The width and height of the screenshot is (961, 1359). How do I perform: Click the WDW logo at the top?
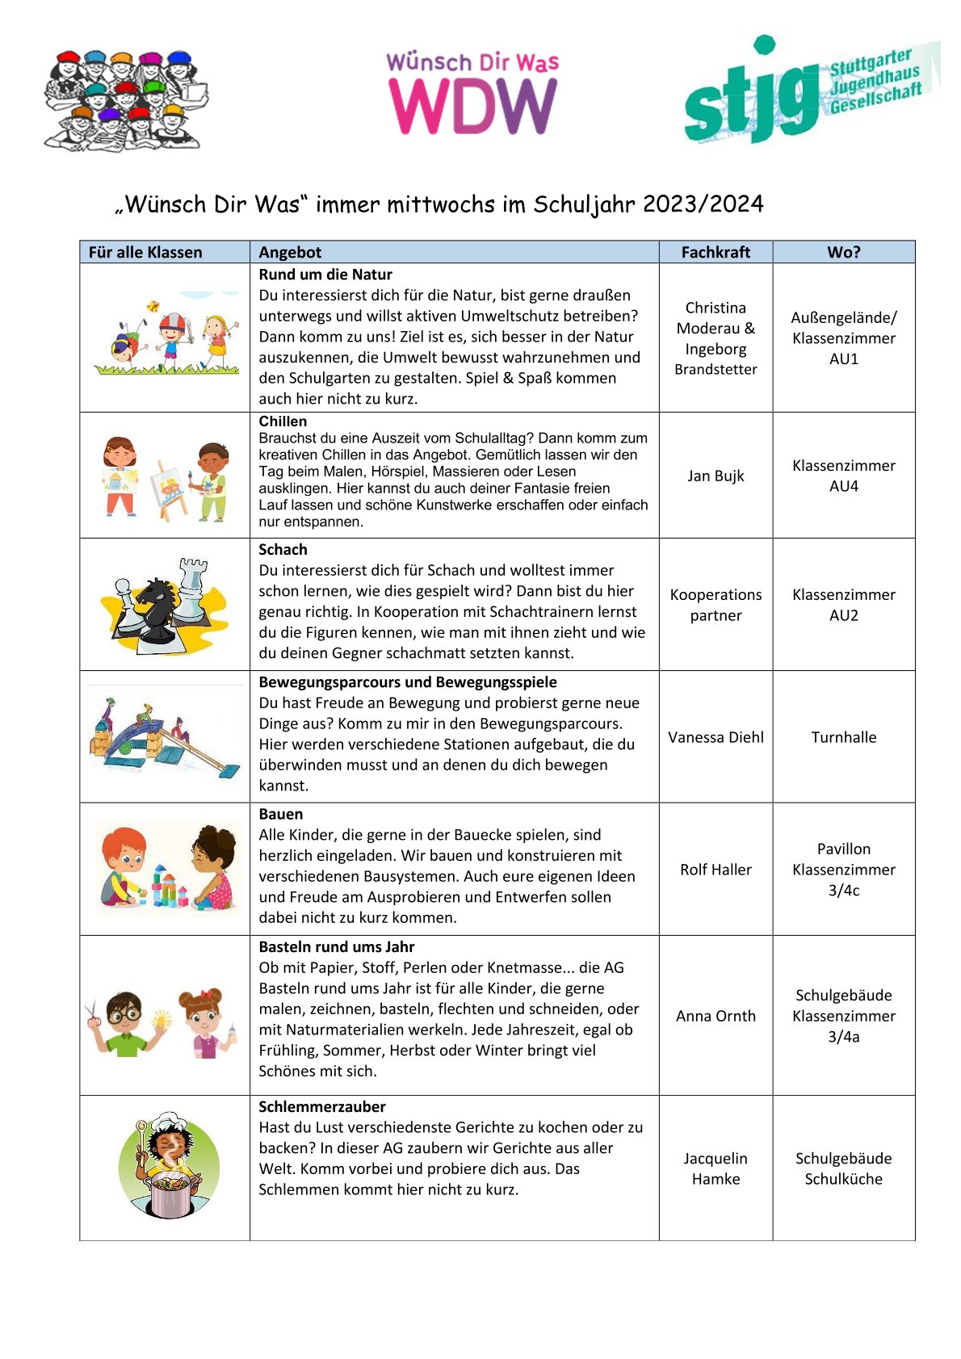tap(472, 94)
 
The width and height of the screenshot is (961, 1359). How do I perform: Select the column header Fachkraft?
tap(716, 252)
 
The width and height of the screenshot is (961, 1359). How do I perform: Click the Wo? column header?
tap(843, 252)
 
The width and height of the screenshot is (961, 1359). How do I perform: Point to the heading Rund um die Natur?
tap(325, 275)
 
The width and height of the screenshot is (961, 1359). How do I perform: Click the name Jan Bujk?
tap(716, 476)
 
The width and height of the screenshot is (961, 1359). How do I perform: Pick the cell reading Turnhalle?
tap(843, 737)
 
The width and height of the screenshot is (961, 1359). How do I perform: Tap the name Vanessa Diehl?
tap(716, 737)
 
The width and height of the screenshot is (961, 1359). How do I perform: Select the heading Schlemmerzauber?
tap(321, 1106)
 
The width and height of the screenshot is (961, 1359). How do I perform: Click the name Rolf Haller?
tap(716, 870)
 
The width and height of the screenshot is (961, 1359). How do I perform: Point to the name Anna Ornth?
tap(716, 1016)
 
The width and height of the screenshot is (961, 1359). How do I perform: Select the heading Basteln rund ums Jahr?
tap(336, 946)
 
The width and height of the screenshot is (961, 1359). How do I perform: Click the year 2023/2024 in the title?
tap(703, 204)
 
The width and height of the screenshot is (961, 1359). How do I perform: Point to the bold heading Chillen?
tap(283, 422)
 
